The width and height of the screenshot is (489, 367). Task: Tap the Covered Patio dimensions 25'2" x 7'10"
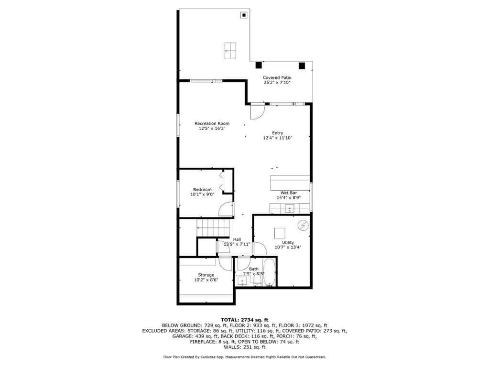point(277,83)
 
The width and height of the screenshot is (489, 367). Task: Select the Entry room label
point(277,133)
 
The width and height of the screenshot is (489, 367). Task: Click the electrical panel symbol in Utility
point(303,225)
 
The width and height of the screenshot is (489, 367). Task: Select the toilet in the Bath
point(257,281)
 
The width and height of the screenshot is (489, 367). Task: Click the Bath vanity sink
point(242,281)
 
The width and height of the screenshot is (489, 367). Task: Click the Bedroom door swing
point(225,209)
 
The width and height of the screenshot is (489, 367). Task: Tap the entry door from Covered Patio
point(257,111)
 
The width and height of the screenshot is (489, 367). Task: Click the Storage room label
point(206,275)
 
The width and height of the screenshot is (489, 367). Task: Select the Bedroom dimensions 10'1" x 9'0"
point(202,194)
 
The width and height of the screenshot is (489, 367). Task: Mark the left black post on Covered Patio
point(258,65)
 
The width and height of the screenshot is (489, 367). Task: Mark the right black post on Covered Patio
point(302,65)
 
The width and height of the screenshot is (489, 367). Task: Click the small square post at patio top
point(244,15)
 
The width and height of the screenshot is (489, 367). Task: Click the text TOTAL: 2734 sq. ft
point(244,319)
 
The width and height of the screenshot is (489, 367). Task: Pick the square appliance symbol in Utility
point(280,233)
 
